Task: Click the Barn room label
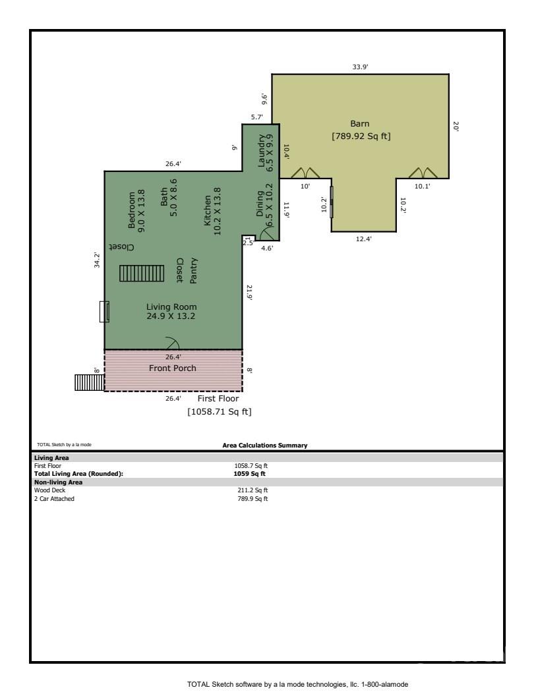tap(359, 124)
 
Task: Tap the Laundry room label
tap(262, 150)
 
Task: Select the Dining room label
tap(260, 204)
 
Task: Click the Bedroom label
tap(131, 210)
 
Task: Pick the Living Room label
tap(171, 306)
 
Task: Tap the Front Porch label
tap(172, 368)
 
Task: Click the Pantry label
tap(194, 271)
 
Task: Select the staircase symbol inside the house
tap(142, 274)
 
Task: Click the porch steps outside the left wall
tap(89, 383)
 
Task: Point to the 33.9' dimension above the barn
tap(360, 67)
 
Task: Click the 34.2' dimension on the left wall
tap(97, 260)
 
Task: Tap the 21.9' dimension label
tap(249, 293)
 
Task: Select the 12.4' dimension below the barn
tap(363, 239)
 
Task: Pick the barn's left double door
tap(305, 173)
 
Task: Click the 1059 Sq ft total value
tap(249, 474)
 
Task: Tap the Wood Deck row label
tap(49, 490)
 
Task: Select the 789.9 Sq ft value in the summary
tap(253, 498)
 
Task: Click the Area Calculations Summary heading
tap(265, 445)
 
